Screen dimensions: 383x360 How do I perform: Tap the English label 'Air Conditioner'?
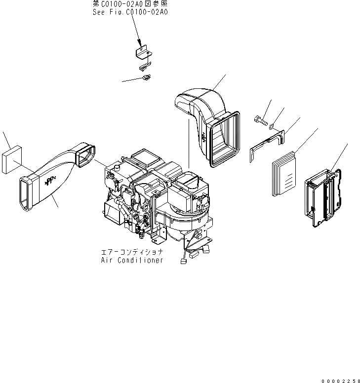pos(131,260)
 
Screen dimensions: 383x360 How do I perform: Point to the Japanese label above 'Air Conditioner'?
pos(131,252)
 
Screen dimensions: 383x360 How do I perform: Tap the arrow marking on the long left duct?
pos(50,182)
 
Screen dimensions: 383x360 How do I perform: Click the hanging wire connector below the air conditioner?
pos(183,261)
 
